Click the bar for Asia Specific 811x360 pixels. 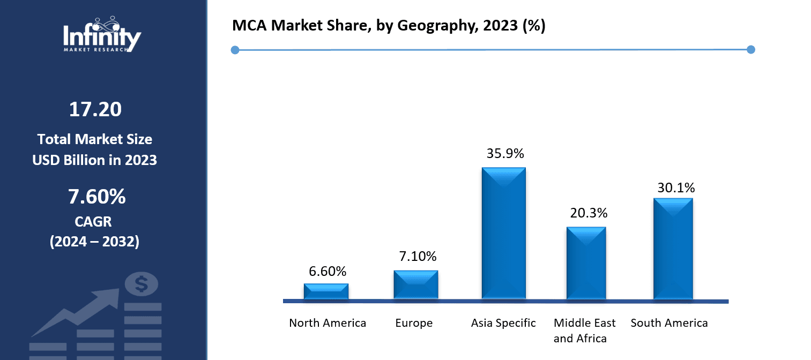[x=503, y=233]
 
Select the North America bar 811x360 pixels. [x=326, y=291]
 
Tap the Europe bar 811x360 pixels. [x=415, y=284]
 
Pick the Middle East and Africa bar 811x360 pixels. [x=586, y=262]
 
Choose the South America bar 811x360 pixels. [x=673, y=249]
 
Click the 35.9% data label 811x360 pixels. [x=505, y=153]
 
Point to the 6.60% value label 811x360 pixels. [x=327, y=272]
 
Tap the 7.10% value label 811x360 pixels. [x=418, y=257]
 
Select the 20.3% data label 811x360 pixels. [x=589, y=213]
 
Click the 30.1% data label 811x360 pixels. [x=675, y=187]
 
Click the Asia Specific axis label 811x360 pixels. [x=503, y=323]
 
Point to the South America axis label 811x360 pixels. [x=669, y=323]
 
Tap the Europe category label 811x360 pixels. [x=414, y=323]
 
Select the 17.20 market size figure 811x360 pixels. [x=95, y=109]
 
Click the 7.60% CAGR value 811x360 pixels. [x=96, y=197]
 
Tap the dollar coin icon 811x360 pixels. [x=141, y=284]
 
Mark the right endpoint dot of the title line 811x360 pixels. [x=750, y=50]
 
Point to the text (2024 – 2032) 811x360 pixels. [x=94, y=242]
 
